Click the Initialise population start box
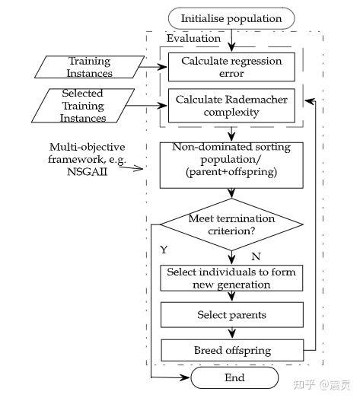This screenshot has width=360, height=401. click(x=231, y=18)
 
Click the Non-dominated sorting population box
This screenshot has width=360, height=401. click(x=230, y=164)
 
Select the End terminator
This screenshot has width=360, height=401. click(x=234, y=377)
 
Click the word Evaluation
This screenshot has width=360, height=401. click(x=193, y=38)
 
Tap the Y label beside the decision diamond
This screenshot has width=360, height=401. click(x=164, y=249)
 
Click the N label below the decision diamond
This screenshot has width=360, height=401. click(x=256, y=256)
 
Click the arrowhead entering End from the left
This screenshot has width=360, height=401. click(x=186, y=377)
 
